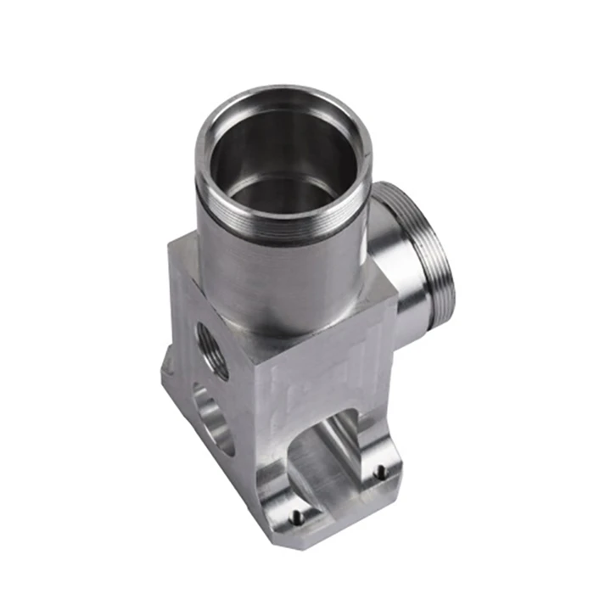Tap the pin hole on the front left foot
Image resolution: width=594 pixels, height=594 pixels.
[294, 514]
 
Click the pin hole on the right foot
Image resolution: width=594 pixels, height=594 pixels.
[381, 469]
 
